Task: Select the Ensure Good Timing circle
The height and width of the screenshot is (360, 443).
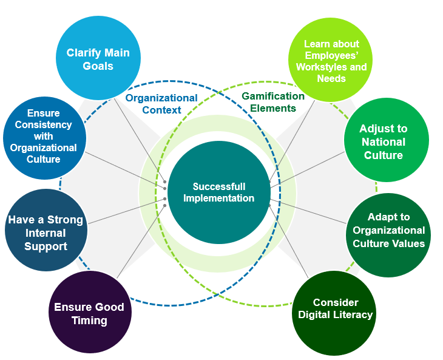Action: click(x=89, y=312)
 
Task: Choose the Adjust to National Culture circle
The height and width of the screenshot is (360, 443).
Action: click(x=383, y=140)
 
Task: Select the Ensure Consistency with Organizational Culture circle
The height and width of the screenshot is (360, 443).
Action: click(x=43, y=137)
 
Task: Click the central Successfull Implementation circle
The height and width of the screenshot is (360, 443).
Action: click(x=218, y=192)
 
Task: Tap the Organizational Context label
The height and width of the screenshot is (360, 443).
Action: click(x=161, y=104)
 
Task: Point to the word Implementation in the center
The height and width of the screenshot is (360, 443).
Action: click(x=219, y=199)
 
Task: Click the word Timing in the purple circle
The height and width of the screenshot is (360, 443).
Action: click(x=89, y=321)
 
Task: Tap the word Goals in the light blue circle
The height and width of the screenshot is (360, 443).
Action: click(x=98, y=66)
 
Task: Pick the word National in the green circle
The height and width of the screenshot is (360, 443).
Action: click(x=383, y=141)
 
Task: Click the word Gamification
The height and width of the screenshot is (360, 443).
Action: click(x=273, y=96)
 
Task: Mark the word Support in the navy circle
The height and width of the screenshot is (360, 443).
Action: click(x=46, y=246)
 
